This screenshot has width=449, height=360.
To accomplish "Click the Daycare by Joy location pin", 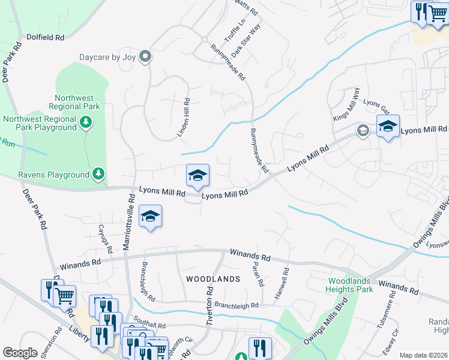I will tap(145, 57).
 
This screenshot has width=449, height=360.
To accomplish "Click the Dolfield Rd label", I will tap(45, 37).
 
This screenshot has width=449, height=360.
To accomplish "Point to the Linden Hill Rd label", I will tap(184, 118).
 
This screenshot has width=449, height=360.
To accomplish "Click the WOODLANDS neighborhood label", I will tap(212, 279).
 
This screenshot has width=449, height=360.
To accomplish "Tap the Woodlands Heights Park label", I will tap(351, 286).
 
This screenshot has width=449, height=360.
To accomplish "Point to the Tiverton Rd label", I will tap(210, 305).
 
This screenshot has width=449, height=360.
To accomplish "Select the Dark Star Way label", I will tap(246, 41).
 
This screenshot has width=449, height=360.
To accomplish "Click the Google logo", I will tap(20, 353).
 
